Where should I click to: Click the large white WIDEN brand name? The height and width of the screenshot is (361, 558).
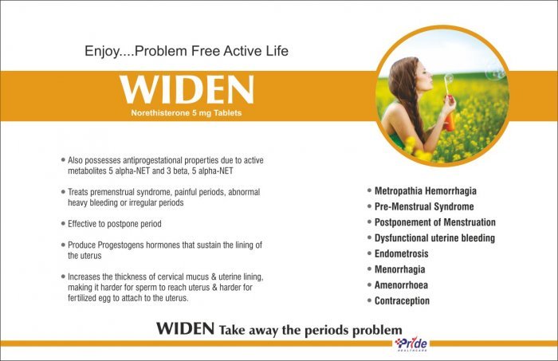[187, 89]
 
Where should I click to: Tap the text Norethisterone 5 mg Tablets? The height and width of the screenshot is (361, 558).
[186, 112]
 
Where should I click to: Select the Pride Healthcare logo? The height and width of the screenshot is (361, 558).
[411, 344]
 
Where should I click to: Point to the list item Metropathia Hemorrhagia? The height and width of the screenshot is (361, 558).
[425, 191]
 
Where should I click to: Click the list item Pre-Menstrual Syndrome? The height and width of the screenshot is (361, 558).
[424, 206]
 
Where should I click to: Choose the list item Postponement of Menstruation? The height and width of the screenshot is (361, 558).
[435, 222]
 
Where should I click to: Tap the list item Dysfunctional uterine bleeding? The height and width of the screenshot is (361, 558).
[434, 238]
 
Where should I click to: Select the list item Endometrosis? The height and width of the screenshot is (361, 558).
[402, 253]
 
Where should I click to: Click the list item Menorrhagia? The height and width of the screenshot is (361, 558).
[399, 269]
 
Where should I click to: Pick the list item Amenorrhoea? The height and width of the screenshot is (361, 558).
[401, 284]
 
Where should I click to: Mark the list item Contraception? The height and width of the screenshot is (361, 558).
[402, 300]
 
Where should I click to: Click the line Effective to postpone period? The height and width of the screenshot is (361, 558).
[115, 224]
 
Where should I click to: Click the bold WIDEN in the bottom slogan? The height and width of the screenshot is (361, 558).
[185, 328]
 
